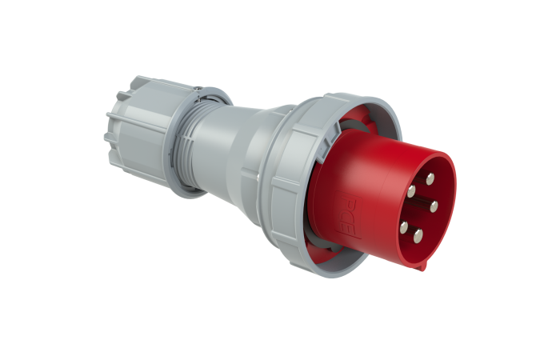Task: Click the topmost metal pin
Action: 429,178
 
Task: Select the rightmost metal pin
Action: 434,206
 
